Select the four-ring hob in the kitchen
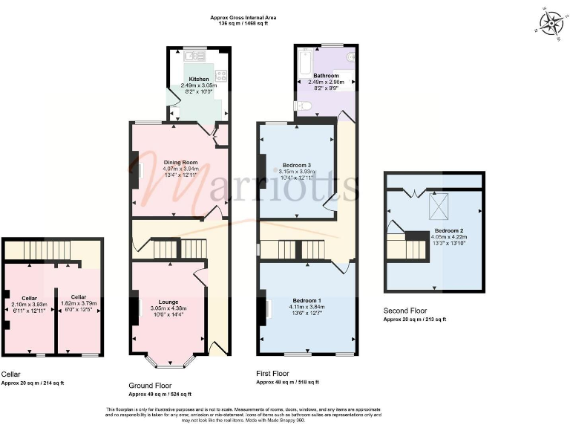220,76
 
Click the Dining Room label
180,162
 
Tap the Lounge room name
168,302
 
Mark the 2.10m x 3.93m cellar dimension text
29,304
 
